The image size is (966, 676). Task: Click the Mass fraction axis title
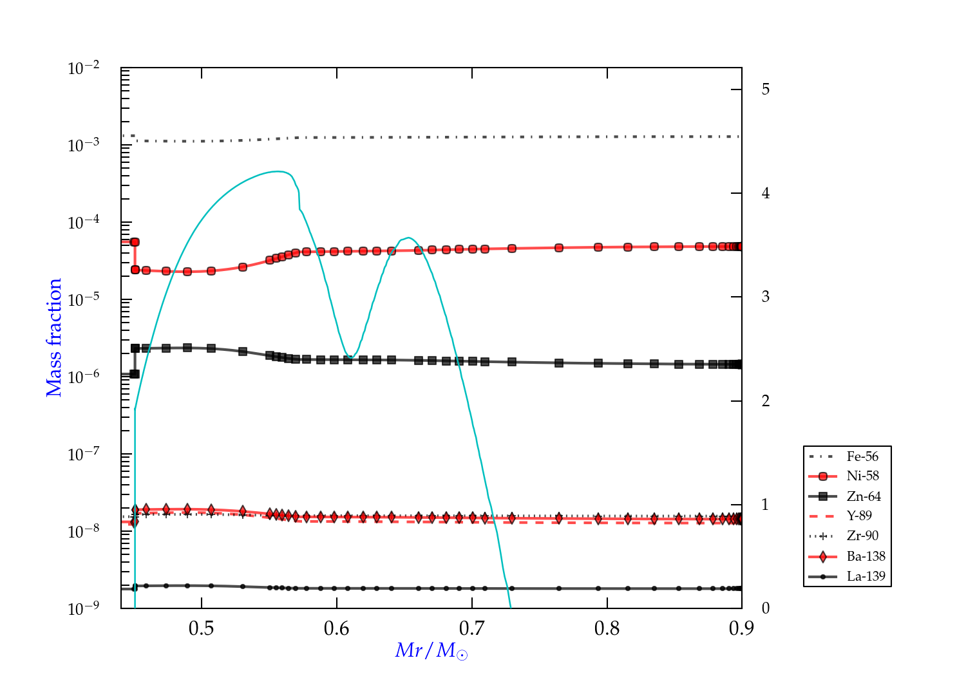coord(54,337)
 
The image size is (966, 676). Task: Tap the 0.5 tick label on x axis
coord(202,628)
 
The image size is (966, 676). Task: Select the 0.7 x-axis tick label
coord(472,628)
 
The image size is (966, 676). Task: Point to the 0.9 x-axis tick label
coord(741,628)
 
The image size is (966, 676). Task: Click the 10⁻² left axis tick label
coord(84,68)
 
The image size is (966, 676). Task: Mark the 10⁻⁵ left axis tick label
coord(84,300)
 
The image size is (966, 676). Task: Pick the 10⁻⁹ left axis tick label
coord(84,608)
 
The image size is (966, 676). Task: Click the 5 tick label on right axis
coord(765,89)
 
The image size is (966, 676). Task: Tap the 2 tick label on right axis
coord(765,401)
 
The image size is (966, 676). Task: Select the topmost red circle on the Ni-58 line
coord(135,242)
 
